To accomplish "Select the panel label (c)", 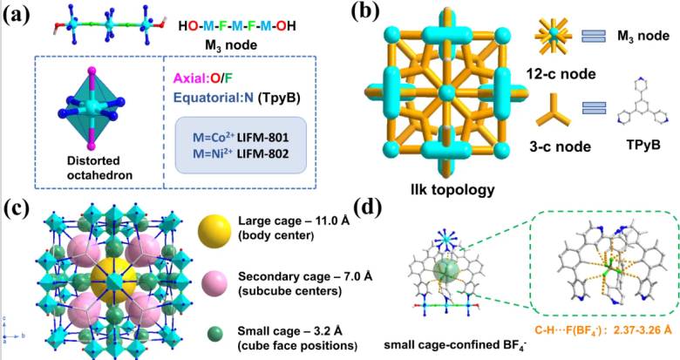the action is coord(16,209).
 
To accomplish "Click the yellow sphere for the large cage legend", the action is coord(214,231).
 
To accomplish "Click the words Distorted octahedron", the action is coord(93,168).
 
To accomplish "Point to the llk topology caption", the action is coord(452,189).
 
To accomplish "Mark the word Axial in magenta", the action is coord(188,79).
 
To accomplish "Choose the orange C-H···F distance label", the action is coord(603,330).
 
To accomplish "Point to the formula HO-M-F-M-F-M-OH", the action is coord(237,26).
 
